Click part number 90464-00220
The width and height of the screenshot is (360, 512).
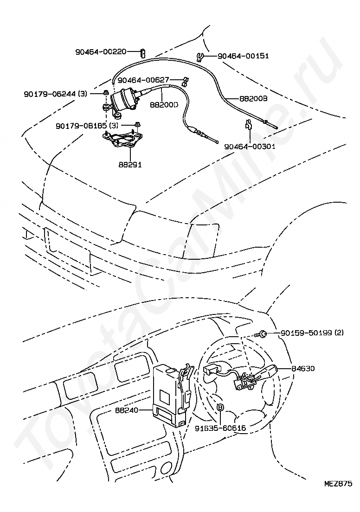[x=101, y=52]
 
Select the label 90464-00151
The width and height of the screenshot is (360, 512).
[x=243, y=56]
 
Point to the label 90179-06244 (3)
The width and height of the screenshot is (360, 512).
[x=55, y=94]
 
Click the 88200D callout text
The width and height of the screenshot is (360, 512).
[x=164, y=105]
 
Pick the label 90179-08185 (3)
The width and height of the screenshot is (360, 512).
[x=87, y=125]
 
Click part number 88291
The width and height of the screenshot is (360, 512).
[x=130, y=164]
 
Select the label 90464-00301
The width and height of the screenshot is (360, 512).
[x=250, y=146]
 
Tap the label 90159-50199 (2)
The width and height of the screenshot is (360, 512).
[x=311, y=333]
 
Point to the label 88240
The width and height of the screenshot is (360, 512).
[x=127, y=410]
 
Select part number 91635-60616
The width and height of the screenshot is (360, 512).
[x=220, y=428]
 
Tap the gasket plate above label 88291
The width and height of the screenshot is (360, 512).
[x=123, y=139]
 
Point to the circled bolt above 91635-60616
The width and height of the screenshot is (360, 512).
[x=221, y=407]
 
